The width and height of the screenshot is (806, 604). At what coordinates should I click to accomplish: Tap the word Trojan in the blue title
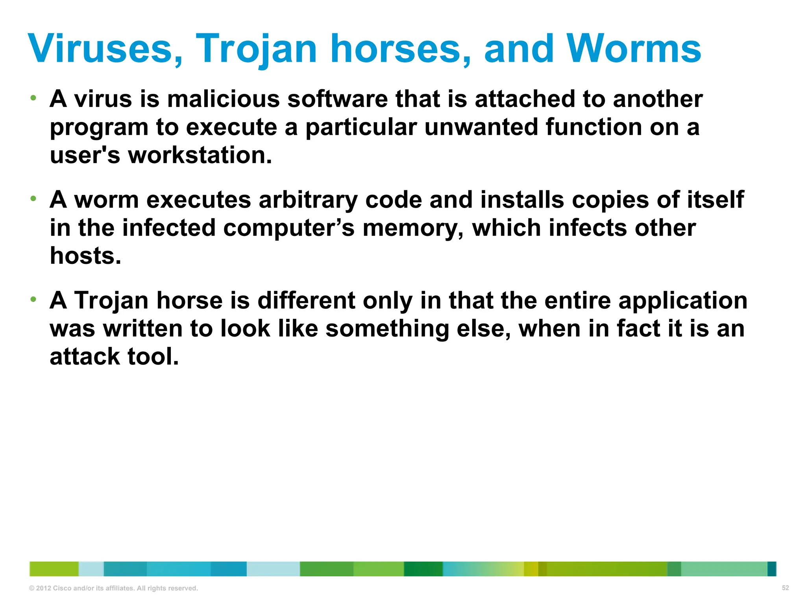[256, 49]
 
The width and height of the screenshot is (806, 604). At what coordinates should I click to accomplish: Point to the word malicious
[223, 99]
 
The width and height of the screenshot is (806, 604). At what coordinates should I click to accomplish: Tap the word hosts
[85, 256]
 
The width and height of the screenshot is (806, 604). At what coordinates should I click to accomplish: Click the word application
[683, 300]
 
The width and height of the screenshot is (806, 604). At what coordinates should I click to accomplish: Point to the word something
[387, 329]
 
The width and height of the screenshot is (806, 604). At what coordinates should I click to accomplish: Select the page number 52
[785, 588]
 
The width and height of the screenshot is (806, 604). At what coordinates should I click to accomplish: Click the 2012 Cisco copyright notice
[113, 588]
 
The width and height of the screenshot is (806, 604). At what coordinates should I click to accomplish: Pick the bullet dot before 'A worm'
[33, 199]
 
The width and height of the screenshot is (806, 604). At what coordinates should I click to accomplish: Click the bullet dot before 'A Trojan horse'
[33, 299]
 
